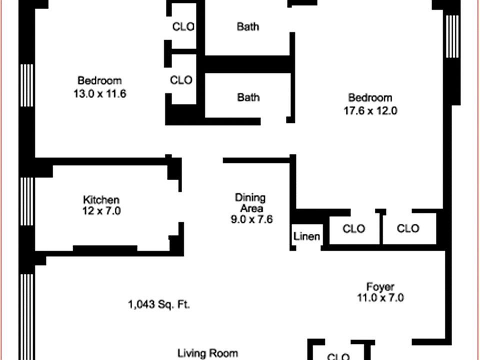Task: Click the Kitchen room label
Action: pyautogui.click(x=101, y=200)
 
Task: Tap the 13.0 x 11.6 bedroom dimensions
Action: pyautogui.click(x=99, y=93)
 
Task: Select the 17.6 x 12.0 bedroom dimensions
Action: pyautogui.click(x=370, y=111)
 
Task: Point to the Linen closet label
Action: pyautogui.click(x=306, y=236)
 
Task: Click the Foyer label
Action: pyautogui.click(x=380, y=287)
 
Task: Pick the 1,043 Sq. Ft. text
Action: pyautogui.click(x=159, y=304)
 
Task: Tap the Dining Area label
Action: pyautogui.click(x=250, y=202)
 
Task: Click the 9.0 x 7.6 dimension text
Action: pyautogui.click(x=251, y=219)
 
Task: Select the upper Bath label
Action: pyautogui.click(x=248, y=26)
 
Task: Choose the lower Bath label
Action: pyautogui.click(x=248, y=97)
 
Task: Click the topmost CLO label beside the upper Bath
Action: pyautogui.click(x=183, y=26)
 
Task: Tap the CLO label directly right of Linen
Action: pyautogui.click(x=353, y=228)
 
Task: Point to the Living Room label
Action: pyautogui.click(x=207, y=353)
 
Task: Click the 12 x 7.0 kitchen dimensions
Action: pyautogui.click(x=101, y=211)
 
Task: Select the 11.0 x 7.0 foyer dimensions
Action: pyautogui.click(x=380, y=298)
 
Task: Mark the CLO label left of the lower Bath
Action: pyautogui.click(x=181, y=80)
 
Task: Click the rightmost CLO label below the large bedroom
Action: pyautogui.click(x=408, y=228)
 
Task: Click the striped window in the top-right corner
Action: pyautogui.click(x=452, y=36)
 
